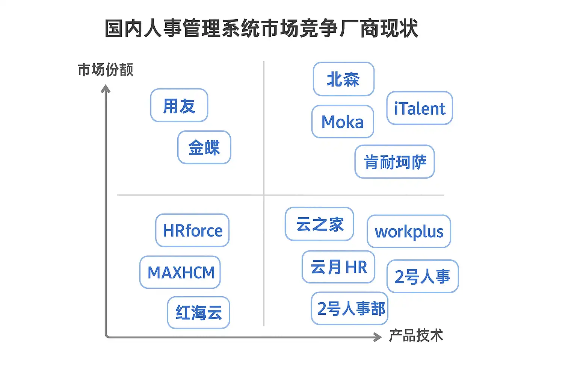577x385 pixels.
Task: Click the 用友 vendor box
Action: coord(179,106)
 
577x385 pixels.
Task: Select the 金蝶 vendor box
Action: coord(204,147)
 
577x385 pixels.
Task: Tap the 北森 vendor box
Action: coord(343,79)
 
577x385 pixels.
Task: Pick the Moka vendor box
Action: coord(343,122)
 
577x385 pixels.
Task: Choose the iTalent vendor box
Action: coord(419,108)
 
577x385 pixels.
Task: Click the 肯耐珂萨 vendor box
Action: coord(394,162)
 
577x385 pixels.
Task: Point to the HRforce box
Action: coord(192,230)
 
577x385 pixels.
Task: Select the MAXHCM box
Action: coord(180,272)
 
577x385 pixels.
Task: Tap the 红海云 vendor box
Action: coord(198,312)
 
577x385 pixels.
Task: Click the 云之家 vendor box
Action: coord(319,224)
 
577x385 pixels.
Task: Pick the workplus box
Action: coord(409,232)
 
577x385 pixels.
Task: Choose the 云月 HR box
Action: coord(338,267)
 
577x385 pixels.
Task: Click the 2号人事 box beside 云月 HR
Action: coord(422,276)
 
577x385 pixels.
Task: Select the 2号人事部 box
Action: coord(350,308)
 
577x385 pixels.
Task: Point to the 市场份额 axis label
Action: coord(106,70)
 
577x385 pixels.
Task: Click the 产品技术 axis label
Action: coord(416,335)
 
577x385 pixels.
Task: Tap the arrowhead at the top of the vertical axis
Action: coord(106,89)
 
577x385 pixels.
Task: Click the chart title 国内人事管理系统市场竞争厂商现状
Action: coord(261,29)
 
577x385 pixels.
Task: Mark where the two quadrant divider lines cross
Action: coord(264,195)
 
